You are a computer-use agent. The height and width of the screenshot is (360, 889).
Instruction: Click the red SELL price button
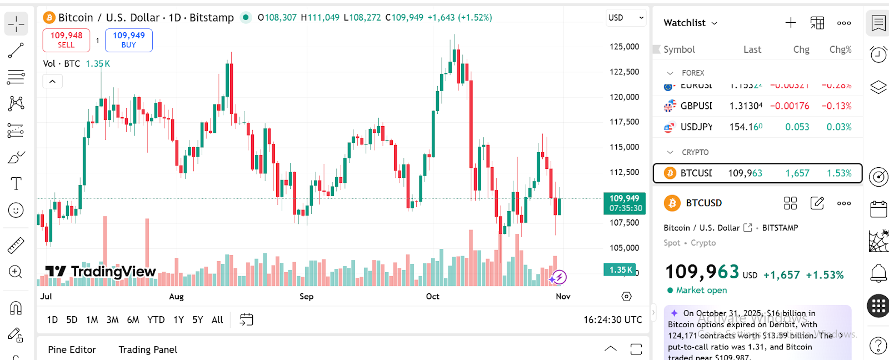(66, 40)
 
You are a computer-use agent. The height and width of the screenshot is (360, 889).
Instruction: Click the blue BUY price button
(129, 40)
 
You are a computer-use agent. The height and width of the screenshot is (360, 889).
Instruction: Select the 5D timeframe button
(72, 319)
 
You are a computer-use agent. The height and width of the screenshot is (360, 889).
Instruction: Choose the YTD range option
(156, 319)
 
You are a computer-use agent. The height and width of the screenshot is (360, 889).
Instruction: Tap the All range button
(217, 319)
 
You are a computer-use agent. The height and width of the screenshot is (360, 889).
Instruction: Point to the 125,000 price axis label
(624, 47)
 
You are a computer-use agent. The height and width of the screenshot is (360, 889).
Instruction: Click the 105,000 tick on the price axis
(624, 248)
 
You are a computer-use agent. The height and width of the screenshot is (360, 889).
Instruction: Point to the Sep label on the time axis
(306, 297)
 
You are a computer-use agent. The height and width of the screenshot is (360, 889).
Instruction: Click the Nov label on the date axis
(563, 297)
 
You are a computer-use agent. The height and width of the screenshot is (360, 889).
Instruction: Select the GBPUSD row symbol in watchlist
(696, 106)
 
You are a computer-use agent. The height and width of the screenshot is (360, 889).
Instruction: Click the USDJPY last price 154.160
(746, 127)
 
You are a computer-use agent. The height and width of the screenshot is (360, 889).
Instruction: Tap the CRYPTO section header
(695, 152)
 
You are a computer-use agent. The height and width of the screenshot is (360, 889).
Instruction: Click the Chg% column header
(840, 49)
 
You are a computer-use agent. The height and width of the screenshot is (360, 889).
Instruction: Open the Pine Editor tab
(72, 349)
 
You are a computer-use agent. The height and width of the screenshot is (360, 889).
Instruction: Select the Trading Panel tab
(148, 349)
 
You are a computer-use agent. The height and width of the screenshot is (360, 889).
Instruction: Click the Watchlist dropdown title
(690, 23)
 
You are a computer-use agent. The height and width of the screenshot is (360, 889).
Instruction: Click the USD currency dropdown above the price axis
(626, 18)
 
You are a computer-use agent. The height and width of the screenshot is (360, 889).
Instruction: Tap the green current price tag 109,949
(625, 203)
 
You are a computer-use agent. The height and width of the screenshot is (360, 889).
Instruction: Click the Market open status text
(701, 290)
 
